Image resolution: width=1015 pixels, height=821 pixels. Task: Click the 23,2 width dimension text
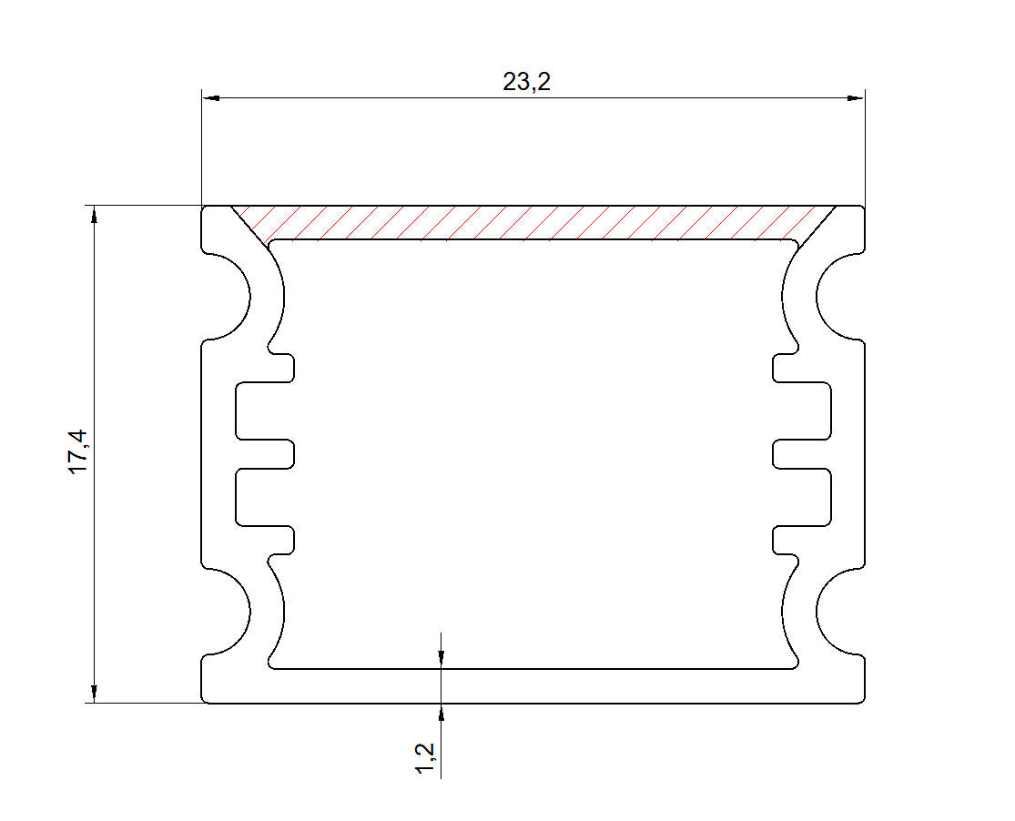click(x=526, y=82)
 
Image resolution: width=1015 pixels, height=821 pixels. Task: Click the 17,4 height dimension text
click(x=78, y=451)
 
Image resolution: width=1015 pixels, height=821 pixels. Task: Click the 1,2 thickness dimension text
click(x=424, y=758)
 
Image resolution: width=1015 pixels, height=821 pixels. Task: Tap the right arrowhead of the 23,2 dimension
click(x=856, y=98)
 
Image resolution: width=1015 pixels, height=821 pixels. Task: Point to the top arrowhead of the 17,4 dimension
click(x=95, y=215)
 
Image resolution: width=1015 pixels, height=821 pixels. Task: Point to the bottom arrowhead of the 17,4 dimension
click(x=95, y=694)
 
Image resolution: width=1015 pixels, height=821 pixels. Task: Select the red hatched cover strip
click(x=533, y=223)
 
